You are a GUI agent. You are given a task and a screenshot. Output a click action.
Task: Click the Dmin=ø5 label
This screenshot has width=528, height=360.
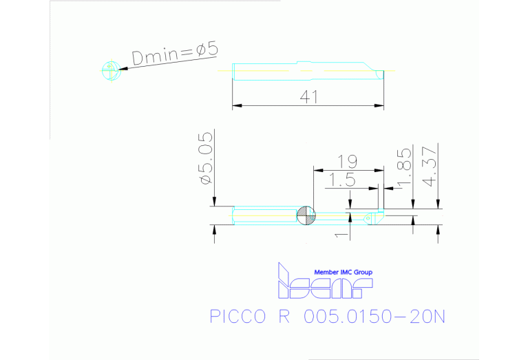pyautogui.click(x=175, y=54)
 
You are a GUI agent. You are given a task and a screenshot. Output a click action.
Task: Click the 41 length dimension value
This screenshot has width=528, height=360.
pyautogui.click(x=308, y=97)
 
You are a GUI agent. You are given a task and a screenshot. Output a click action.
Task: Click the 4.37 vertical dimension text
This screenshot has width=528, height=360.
pyautogui.click(x=430, y=165)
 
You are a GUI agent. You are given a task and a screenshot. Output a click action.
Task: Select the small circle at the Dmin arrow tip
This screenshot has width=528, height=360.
pyautogui.click(x=110, y=70)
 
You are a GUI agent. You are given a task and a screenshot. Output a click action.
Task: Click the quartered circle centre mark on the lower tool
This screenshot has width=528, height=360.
pyautogui.click(x=306, y=216)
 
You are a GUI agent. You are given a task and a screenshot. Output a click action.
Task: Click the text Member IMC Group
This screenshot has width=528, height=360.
pyautogui.click(x=343, y=273)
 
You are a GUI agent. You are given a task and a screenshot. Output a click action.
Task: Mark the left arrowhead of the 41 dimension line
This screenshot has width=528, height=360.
pyautogui.click(x=235, y=106)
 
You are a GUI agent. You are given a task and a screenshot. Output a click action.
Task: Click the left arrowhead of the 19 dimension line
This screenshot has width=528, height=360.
pyautogui.click(x=316, y=169)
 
